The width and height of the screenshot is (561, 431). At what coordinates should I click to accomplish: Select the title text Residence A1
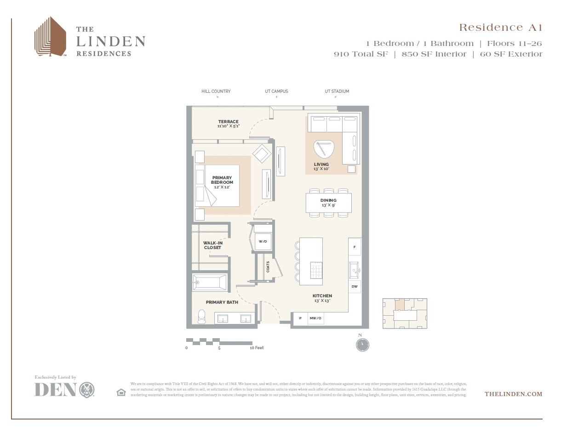coord(500,28)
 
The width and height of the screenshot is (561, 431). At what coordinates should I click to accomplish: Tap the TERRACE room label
coord(228,122)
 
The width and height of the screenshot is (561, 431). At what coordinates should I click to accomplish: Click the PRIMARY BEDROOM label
coord(222,180)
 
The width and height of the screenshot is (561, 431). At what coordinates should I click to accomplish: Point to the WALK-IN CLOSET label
coord(212,245)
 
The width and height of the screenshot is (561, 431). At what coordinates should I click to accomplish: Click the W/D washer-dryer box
coord(263,241)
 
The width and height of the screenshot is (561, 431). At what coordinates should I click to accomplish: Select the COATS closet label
coord(268,267)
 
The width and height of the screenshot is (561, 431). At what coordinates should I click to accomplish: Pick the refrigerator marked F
coord(355,247)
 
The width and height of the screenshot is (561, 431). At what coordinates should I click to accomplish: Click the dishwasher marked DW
coord(355,287)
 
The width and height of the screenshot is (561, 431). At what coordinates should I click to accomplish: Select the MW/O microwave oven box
coord(315,318)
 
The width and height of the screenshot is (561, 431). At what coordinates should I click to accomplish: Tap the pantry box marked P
coord(300,318)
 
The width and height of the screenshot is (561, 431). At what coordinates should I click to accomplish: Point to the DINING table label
coord(328,200)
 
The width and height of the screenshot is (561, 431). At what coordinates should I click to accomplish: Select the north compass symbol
coord(362,345)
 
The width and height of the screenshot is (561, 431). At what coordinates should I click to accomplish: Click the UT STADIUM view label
coord(337,91)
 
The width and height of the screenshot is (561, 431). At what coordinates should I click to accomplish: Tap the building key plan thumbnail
coord(405,313)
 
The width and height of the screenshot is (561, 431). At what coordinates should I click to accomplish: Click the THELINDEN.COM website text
coord(513,394)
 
